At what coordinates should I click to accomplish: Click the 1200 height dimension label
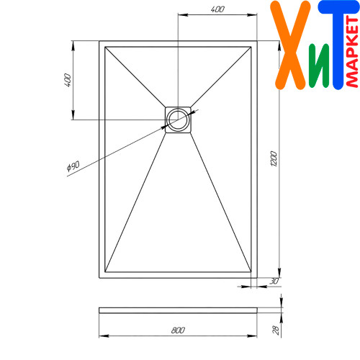pyautogui.click(x=274, y=158)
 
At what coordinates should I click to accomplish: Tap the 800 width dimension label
pyautogui.click(x=178, y=330)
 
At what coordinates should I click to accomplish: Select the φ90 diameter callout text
pyautogui.click(x=73, y=166)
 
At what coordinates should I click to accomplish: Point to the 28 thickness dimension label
pyautogui.click(x=276, y=330)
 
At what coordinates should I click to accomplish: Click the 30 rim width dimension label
pyautogui.click(x=274, y=281)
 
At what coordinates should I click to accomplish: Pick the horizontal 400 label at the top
pyautogui.click(x=217, y=9)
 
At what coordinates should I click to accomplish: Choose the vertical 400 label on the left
pyautogui.click(x=68, y=81)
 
